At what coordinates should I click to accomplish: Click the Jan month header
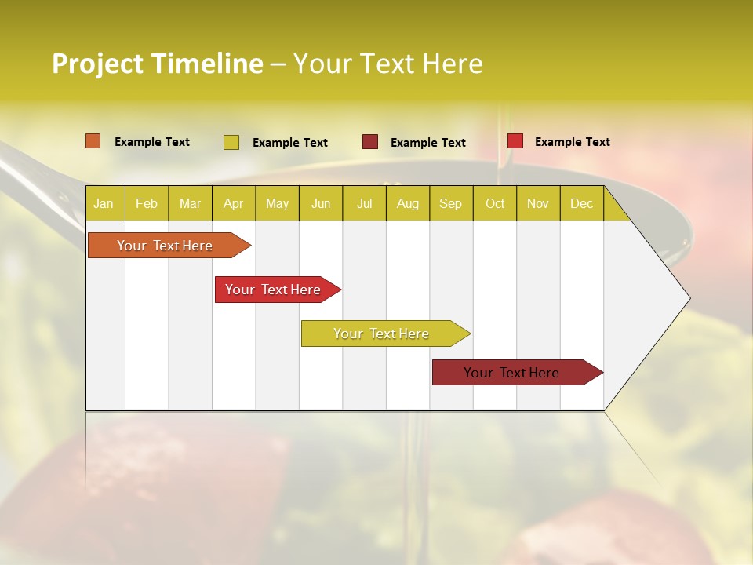click(x=104, y=203)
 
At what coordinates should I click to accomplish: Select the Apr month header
click(x=233, y=203)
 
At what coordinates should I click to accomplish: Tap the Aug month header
click(x=407, y=203)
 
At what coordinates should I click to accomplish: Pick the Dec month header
click(x=581, y=203)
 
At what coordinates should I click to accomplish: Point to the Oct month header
click(x=494, y=203)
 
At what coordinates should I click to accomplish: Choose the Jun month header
click(x=320, y=203)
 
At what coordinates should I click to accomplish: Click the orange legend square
click(x=93, y=141)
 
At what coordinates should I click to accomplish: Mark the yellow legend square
click(x=231, y=142)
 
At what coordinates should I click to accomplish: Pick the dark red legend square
click(x=369, y=142)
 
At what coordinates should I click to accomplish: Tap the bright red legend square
click(x=515, y=141)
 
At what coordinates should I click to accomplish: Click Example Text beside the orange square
click(x=152, y=142)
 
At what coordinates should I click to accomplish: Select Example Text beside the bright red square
click(x=572, y=142)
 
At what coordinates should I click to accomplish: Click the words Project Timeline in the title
click(x=157, y=64)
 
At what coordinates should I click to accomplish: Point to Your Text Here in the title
click(x=387, y=64)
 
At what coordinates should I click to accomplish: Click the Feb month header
click(x=146, y=203)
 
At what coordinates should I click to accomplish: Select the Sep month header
click(x=450, y=203)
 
